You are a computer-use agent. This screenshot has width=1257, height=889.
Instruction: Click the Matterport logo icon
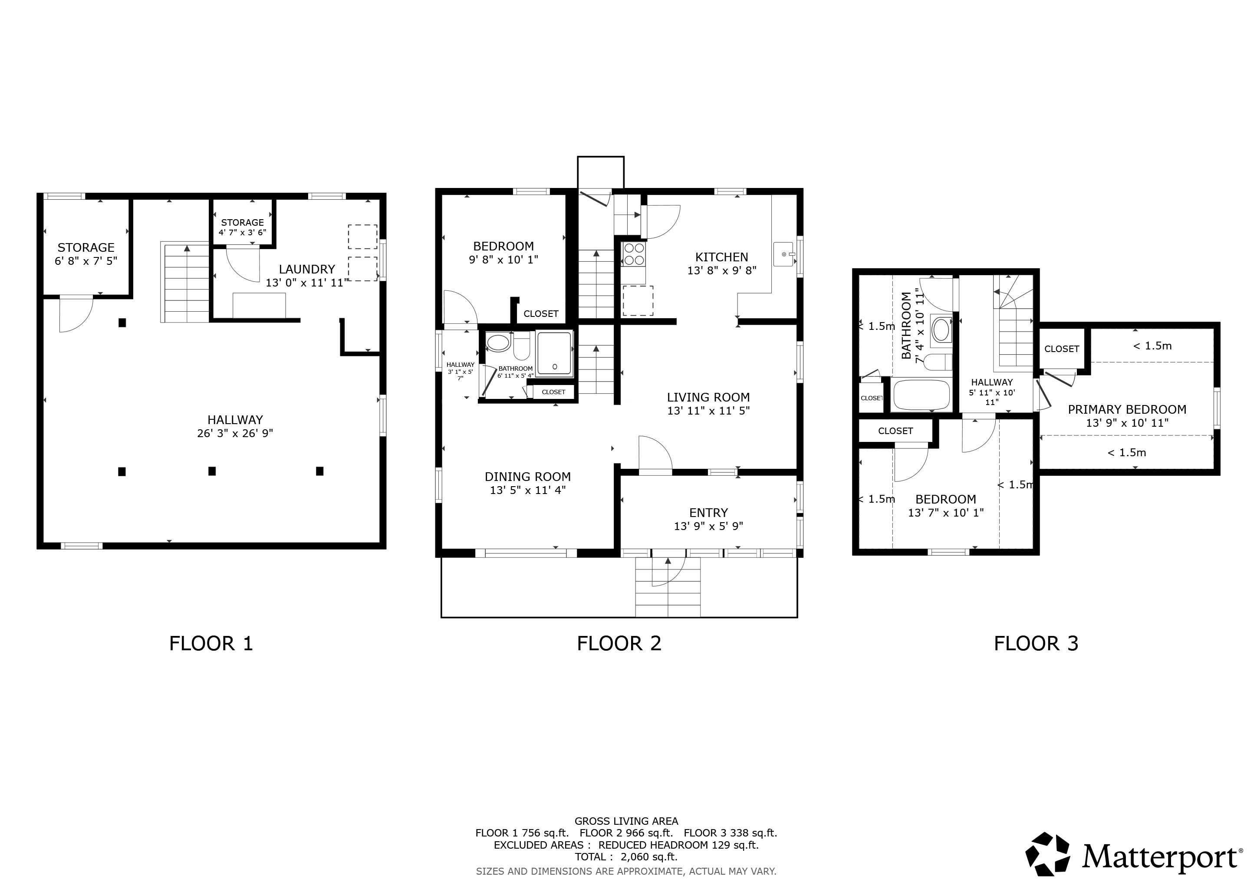[x=1047, y=855]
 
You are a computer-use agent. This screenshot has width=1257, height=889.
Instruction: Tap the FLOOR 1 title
[x=211, y=643]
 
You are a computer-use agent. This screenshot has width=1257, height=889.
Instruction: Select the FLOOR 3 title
[x=1036, y=643]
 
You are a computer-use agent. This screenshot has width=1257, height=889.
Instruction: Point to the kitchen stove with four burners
[x=635, y=254]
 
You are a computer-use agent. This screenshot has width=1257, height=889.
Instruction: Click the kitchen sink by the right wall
[x=784, y=254]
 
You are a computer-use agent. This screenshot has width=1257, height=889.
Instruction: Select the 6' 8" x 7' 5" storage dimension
[x=86, y=261]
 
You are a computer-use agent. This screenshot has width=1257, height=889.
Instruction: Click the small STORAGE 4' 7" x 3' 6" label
[x=243, y=227]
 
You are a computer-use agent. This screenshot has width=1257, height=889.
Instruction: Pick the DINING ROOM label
[x=528, y=477]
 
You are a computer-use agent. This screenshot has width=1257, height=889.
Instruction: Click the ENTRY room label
[x=708, y=513]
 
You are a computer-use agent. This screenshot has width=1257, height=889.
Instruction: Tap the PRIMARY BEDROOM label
[x=1127, y=409]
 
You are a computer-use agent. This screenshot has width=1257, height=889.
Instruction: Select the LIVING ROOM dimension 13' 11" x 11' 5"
[x=708, y=411]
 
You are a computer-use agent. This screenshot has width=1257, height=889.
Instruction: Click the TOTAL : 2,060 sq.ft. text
[x=626, y=857]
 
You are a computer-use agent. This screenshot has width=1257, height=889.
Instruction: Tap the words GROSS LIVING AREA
[x=626, y=821]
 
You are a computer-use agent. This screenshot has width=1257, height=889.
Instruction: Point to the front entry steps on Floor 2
[x=668, y=587]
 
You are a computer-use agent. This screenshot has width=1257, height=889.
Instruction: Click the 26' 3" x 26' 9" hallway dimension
[x=235, y=434]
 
